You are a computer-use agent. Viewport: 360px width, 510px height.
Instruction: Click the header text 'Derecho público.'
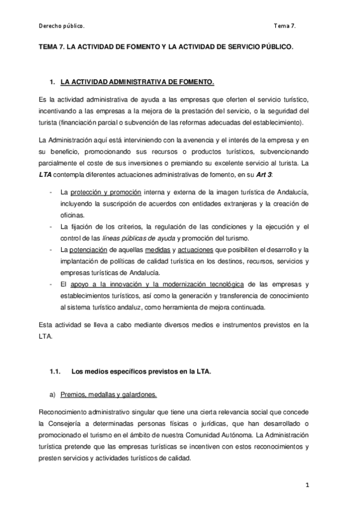coord(61,26)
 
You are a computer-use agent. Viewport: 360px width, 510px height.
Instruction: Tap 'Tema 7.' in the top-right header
coord(284,26)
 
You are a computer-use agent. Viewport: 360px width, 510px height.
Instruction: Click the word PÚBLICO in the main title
coord(277,46)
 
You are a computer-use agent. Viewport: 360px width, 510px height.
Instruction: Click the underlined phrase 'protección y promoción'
coord(105,192)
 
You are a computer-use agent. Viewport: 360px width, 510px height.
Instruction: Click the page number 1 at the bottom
coord(307,484)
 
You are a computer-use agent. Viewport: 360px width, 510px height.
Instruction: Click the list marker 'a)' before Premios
coord(52,395)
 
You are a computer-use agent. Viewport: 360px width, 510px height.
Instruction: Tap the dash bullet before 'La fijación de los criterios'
coord(49,226)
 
